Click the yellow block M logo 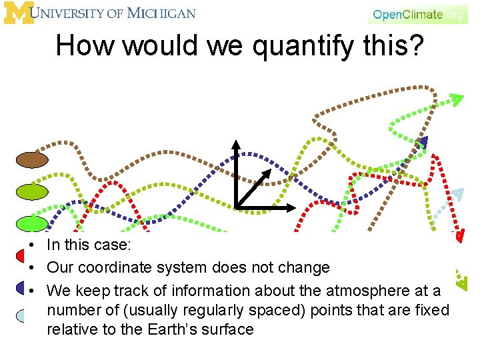click(18, 13)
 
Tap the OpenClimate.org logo click(417, 14)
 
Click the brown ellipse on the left click(33, 160)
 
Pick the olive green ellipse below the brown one click(33, 191)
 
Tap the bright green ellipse click(32, 223)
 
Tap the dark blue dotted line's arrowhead click(423, 141)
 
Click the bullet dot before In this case click(32, 245)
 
